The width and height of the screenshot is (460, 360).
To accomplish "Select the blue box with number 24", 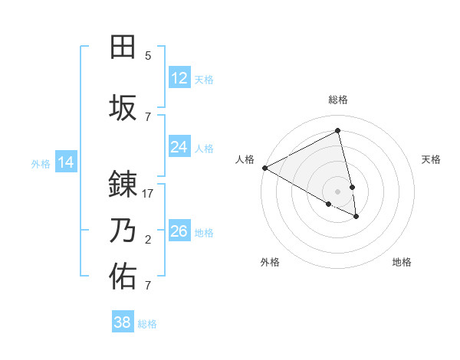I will (x=179, y=146).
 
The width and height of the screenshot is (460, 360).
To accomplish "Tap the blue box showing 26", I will (x=179, y=231).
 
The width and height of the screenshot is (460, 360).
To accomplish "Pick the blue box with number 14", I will (x=66, y=162).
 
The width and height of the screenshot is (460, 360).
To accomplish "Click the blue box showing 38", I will (x=123, y=322).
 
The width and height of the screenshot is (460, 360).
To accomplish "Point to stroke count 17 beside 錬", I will (x=148, y=194).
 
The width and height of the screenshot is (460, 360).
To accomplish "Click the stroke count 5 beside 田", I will (x=148, y=56).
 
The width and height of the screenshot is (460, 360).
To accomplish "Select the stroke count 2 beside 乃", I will (x=148, y=240).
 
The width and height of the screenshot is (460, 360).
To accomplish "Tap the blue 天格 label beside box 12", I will (x=204, y=79).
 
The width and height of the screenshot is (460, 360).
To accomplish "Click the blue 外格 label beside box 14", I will (x=41, y=163).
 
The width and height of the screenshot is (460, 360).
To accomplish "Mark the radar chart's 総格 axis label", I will (x=338, y=100).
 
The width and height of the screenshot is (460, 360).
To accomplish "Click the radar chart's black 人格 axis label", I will (x=245, y=159).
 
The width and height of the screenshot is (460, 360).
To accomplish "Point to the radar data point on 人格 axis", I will (x=264, y=168).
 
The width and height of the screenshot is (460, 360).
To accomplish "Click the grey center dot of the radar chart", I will (x=338, y=191).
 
